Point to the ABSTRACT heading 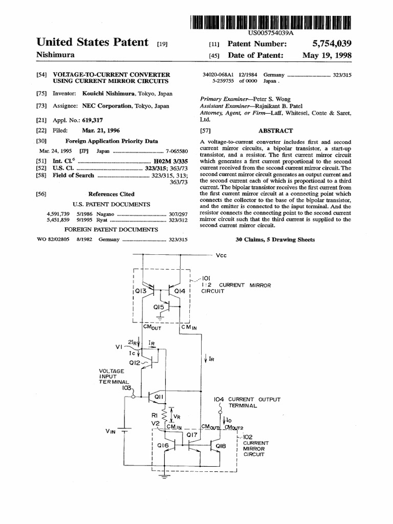point(275,131)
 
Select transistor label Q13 point(141,291)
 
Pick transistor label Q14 point(180,291)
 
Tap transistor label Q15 point(160,307)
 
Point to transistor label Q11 point(159,396)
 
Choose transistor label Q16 point(163,446)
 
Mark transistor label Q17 point(192,434)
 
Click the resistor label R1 point(154,416)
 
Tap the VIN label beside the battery point(111,431)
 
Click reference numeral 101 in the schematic point(200,278)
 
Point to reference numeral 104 point(219,399)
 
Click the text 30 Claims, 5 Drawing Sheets point(275,239)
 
